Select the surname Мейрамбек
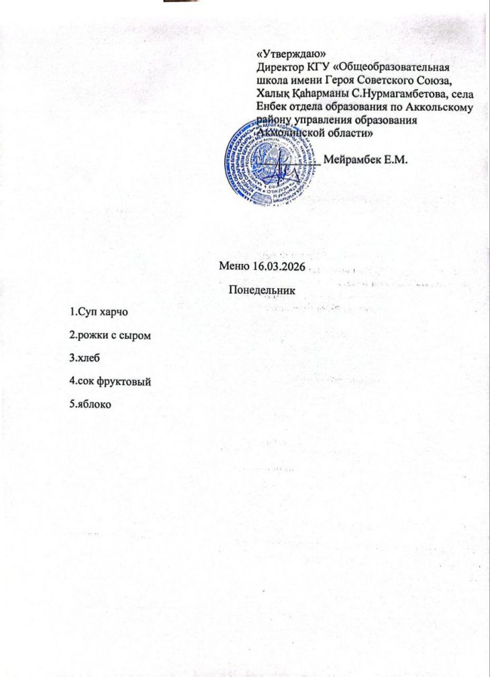pos(352,159)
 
